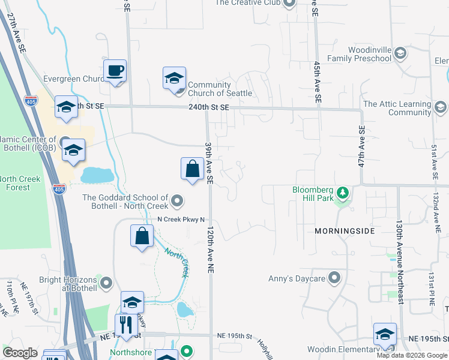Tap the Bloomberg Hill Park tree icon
click(x=343, y=193)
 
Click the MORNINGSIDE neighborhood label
click(x=345, y=230)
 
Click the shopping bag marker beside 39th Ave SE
click(x=192, y=169)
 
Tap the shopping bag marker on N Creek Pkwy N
click(x=142, y=236)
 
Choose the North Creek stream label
click(x=177, y=262)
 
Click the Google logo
click(x=20, y=353)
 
